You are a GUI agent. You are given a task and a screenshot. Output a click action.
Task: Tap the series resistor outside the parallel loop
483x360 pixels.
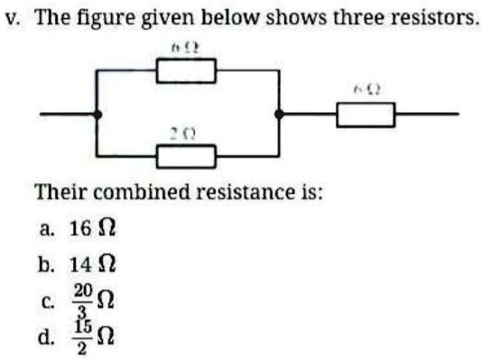click(x=365, y=115)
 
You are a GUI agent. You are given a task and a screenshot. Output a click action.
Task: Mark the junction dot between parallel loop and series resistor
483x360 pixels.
click(x=279, y=115)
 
